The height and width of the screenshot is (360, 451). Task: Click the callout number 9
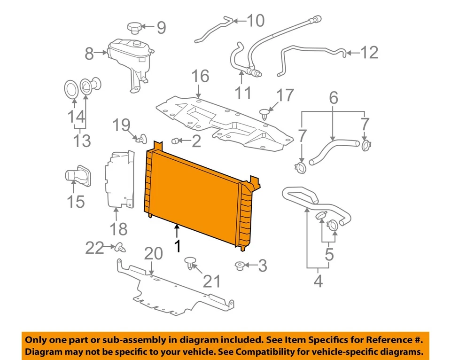coord(161,28)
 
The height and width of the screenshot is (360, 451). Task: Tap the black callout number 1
coord(177,246)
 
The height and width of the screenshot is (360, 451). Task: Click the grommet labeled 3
coord(239,266)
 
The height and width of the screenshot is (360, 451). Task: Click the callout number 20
coord(153,254)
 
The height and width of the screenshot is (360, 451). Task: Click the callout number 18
coord(118,229)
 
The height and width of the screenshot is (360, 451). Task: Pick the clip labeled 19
coord(139,138)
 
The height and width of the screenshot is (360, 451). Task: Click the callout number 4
coord(318,282)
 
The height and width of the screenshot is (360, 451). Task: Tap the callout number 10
coord(256,21)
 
